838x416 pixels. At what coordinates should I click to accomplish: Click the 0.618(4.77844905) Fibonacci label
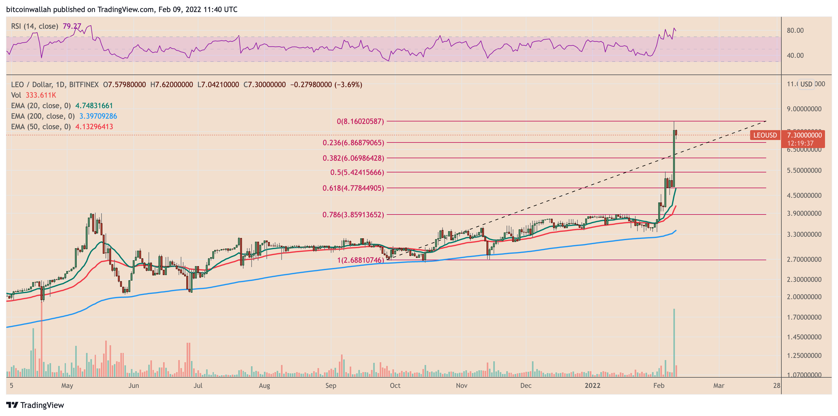[353, 188]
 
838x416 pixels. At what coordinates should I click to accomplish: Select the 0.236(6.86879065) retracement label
[353, 143]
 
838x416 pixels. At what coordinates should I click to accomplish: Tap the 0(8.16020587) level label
[360, 121]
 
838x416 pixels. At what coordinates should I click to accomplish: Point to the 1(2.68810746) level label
[360, 260]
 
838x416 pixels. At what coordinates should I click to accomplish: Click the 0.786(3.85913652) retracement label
[353, 214]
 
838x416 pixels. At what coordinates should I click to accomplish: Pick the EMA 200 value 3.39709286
[98, 116]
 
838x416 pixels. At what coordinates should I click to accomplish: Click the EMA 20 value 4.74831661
[94, 106]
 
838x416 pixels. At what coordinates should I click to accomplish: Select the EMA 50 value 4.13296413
[94, 126]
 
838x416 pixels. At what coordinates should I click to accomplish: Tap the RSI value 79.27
[71, 26]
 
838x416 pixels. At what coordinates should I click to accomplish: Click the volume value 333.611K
[41, 95]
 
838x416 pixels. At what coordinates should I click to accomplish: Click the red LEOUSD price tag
[765, 135]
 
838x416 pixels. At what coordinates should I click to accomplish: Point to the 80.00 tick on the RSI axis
[795, 30]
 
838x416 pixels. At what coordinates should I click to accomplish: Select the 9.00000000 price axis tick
[804, 109]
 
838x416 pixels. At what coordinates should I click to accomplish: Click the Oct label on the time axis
[395, 385]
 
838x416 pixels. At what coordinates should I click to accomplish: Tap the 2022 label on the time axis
[592, 385]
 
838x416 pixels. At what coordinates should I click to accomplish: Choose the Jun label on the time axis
[133, 385]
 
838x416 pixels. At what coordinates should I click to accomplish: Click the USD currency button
[806, 84]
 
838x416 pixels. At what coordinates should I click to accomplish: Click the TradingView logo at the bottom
[35, 405]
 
